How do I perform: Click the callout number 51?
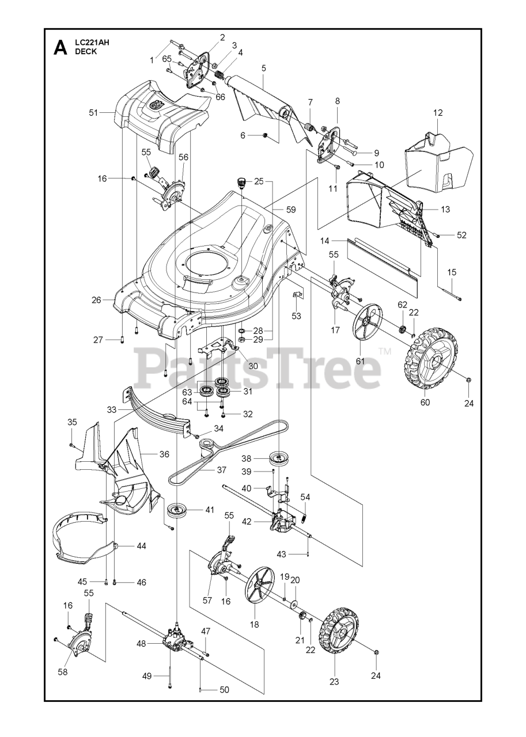[x=93, y=113]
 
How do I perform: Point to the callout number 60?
[x=425, y=402]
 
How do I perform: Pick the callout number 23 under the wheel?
[x=334, y=681]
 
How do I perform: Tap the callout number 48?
[x=141, y=644]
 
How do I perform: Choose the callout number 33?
[x=111, y=409]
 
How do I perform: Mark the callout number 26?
[x=96, y=300]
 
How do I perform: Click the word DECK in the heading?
[x=86, y=52]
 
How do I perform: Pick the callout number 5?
[x=264, y=68]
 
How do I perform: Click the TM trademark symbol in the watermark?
[x=384, y=351]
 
